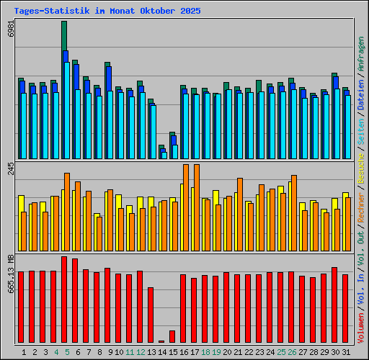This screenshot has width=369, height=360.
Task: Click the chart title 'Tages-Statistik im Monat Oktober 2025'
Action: tap(107, 12)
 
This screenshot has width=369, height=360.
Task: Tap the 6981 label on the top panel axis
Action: tap(9, 31)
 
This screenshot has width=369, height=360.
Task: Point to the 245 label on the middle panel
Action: tap(9, 168)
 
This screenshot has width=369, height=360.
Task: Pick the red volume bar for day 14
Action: tap(161, 341)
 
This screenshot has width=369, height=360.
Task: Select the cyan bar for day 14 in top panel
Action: tap(164, 155)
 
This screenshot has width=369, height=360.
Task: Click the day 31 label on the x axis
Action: tap(345, 352)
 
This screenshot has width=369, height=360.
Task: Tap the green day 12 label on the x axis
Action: tap(140, 352)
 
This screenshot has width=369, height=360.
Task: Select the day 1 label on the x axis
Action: tap(24, 352)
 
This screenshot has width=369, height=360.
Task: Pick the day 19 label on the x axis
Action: tap(215, 352)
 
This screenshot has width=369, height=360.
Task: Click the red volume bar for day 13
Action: tap(151, 315)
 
